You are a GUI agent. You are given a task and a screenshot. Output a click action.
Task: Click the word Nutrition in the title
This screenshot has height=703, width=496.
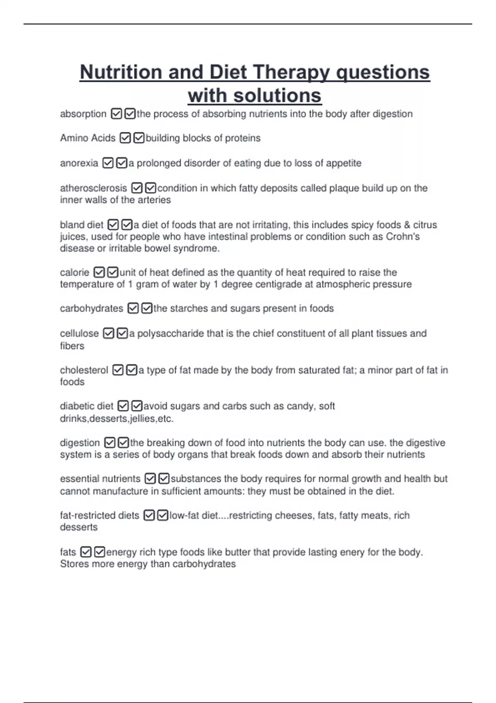click(x=121, y=72)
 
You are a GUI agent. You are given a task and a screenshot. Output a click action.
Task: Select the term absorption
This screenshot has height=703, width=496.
click(x=83, y=114)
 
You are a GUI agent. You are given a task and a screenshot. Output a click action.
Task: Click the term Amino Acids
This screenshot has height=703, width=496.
click(x=88, y=138)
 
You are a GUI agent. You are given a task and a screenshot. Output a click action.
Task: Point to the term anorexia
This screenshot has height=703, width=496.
click(x=79, y=163)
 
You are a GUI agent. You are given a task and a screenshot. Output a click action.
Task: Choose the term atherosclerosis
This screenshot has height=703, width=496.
click(x=93, y=188)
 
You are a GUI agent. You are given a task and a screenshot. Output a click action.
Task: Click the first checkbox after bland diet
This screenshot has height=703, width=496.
click(x=113, y=225)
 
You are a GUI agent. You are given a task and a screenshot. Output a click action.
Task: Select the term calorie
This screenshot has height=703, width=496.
click(x=74, y=273)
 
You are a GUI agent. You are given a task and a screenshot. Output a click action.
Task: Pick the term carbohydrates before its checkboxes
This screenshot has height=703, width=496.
click(x=91, y=308)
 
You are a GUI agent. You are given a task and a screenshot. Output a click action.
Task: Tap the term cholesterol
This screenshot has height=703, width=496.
click(x=84, y=370)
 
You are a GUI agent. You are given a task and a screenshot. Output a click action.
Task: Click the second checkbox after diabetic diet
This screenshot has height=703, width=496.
click(x=137, y=406)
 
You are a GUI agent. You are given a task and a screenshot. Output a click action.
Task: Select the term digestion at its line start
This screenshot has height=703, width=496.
click(x=80, y=443)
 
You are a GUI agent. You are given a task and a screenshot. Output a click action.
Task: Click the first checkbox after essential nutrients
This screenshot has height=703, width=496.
click(x=150, y=479)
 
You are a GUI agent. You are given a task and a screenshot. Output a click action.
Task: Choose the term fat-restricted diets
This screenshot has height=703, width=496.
click(x=100, y=516)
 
